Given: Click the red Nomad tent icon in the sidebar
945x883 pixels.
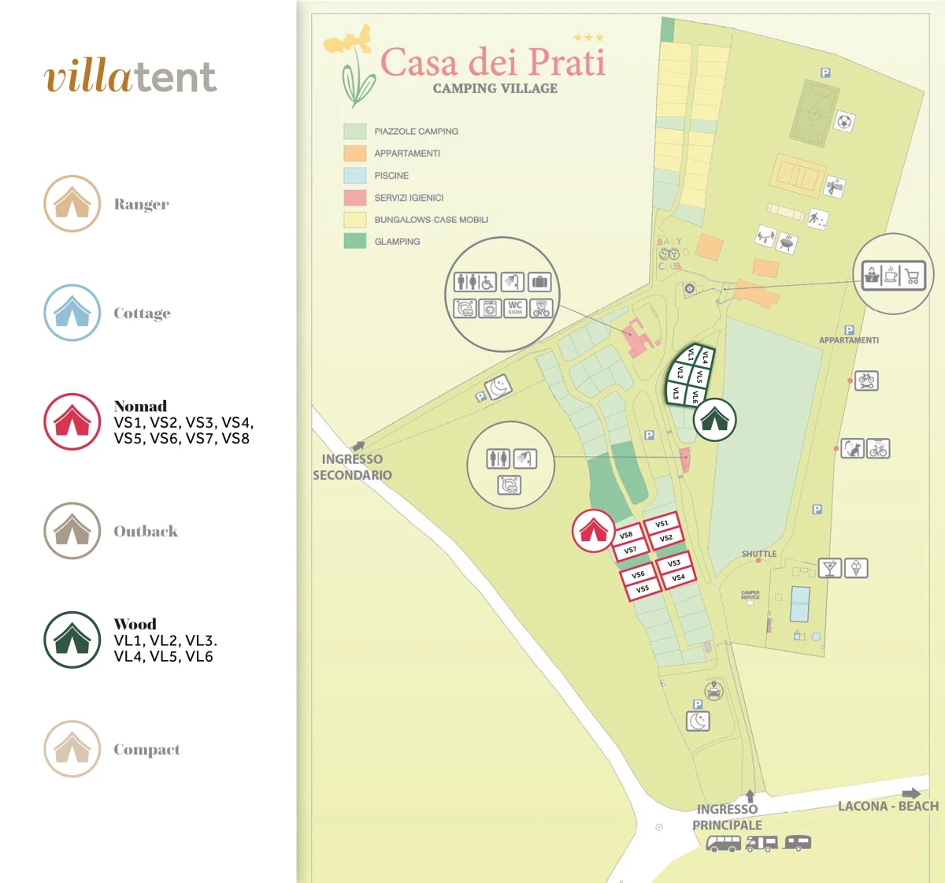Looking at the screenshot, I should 72,421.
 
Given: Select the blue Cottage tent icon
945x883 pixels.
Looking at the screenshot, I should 72,313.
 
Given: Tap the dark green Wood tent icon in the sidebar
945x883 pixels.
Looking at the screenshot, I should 72,640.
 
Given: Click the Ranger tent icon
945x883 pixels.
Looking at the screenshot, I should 72,203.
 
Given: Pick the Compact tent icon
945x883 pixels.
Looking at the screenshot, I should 72,748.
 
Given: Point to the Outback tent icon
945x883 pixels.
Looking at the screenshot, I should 72,531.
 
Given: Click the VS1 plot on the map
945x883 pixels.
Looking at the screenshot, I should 661,524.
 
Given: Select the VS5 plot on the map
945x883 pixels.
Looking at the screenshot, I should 643,588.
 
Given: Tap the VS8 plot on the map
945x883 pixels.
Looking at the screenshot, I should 626,535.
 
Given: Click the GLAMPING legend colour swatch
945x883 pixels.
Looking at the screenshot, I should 354,241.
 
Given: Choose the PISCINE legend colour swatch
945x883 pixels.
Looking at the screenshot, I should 354,175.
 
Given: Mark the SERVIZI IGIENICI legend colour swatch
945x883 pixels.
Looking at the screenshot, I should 354,197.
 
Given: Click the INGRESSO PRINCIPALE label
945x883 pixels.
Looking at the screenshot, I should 727,817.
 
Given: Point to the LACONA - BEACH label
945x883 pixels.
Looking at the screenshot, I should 888,806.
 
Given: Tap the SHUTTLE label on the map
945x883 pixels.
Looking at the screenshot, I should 758,554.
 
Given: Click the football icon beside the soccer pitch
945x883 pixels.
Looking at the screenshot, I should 844,122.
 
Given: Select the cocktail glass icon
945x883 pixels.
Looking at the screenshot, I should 830,567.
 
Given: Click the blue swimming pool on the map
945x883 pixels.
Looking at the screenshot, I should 800,604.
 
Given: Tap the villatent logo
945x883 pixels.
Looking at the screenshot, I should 130,76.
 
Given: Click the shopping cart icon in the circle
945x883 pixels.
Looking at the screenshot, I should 913,276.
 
